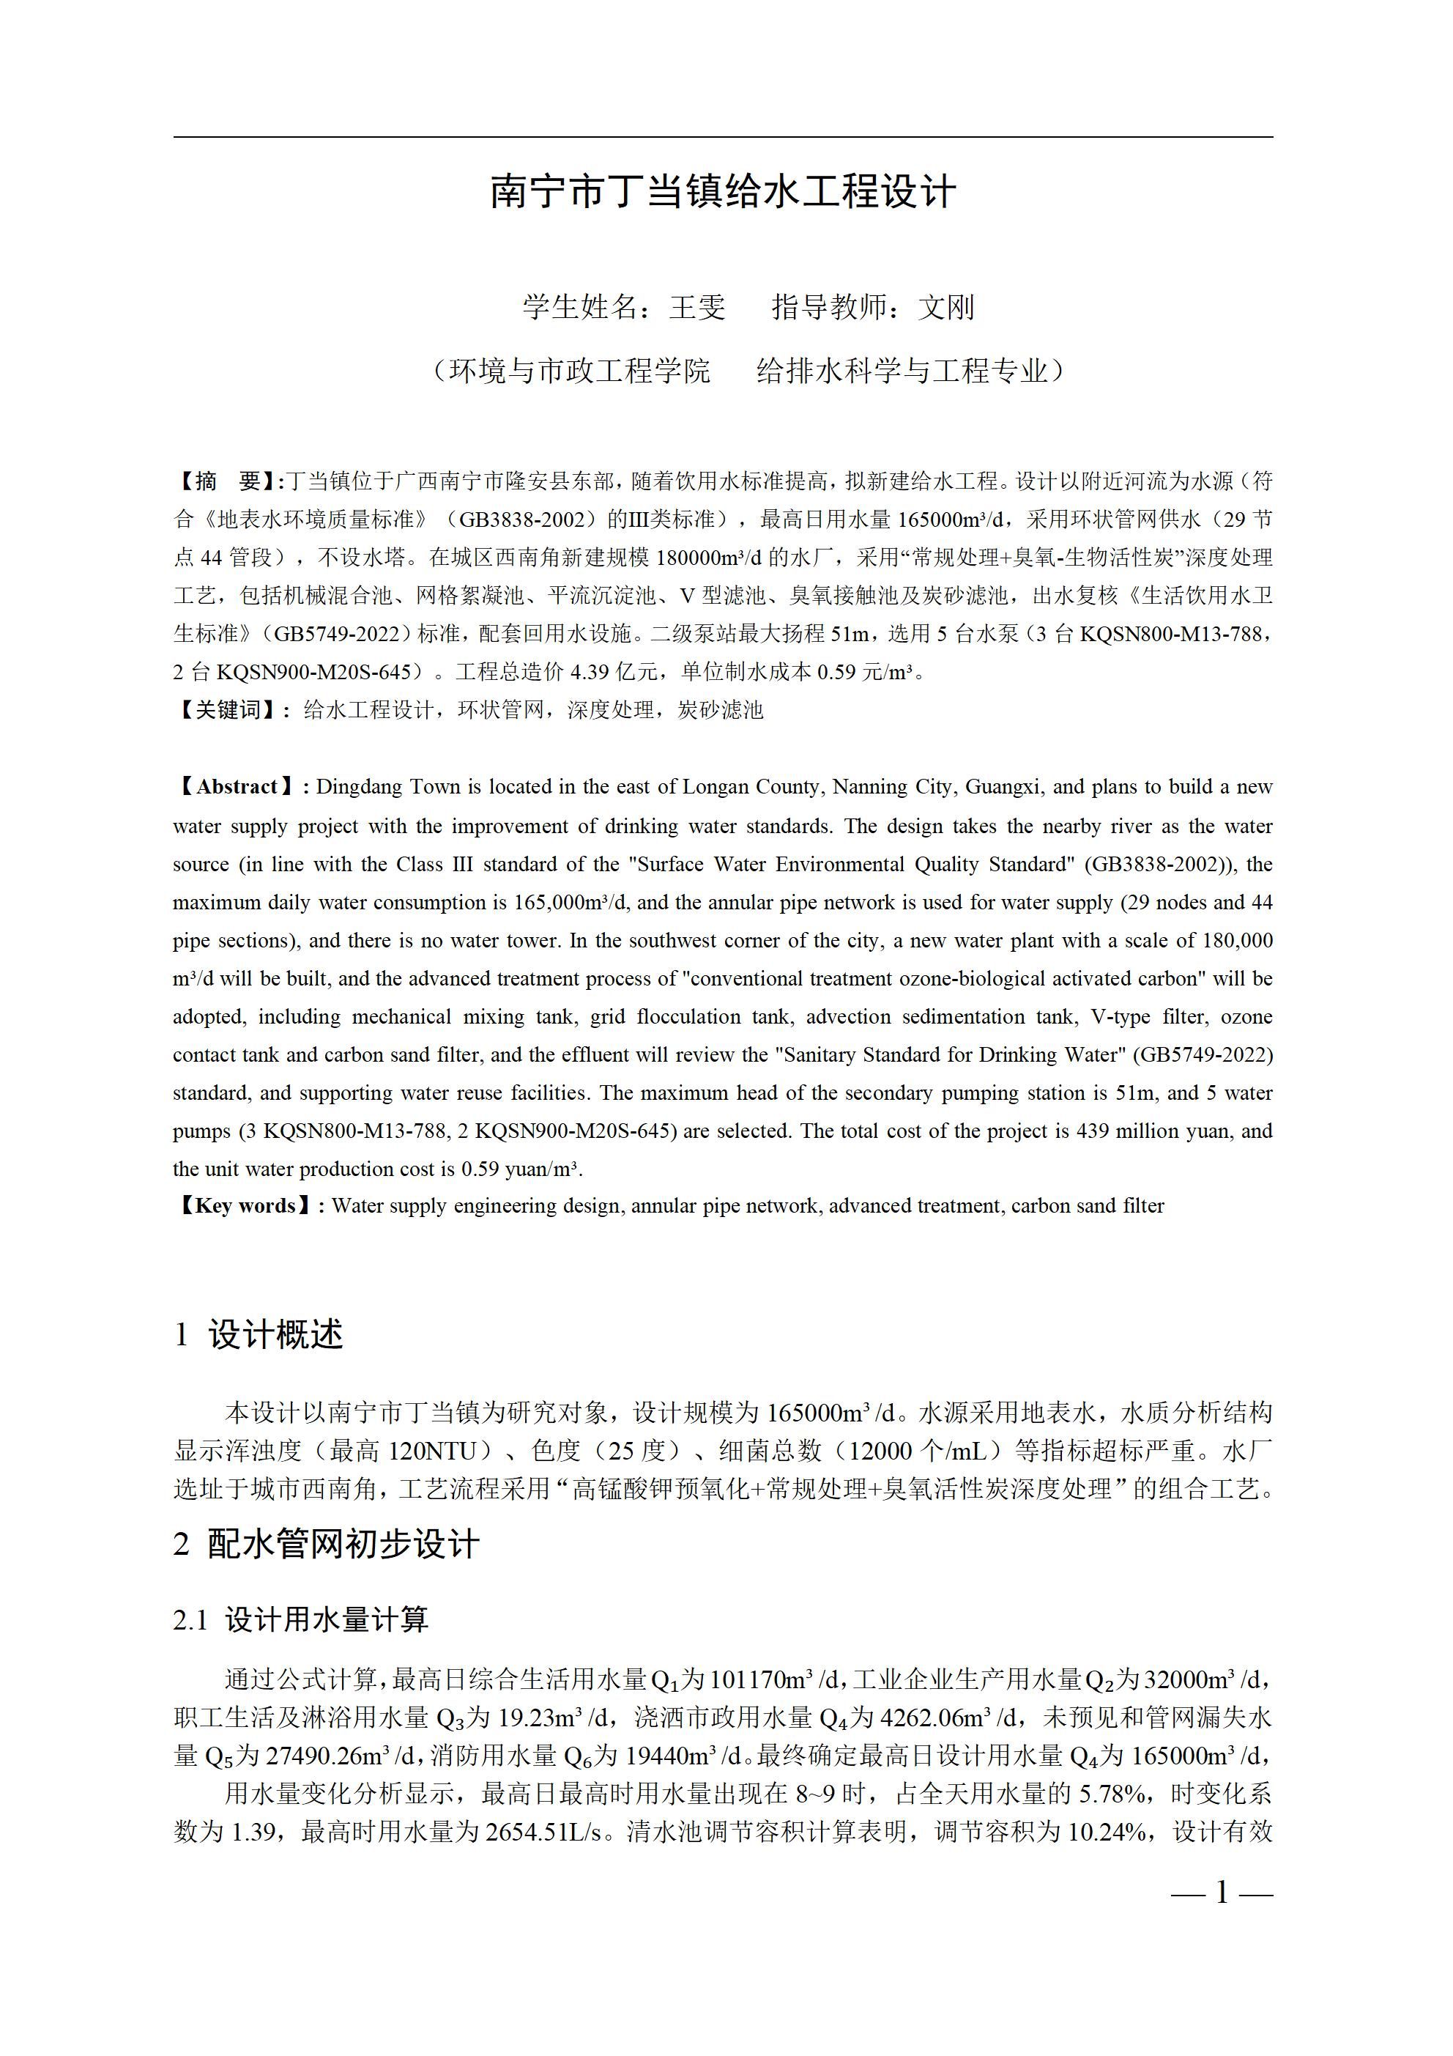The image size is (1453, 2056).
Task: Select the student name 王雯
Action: pos(696,307)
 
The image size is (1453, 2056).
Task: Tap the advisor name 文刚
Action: pos(945,307)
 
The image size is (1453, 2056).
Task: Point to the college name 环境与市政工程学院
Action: pos(579,370)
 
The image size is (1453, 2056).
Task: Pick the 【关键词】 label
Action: pos(227,710)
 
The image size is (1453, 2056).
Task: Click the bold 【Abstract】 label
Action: pos(237,787)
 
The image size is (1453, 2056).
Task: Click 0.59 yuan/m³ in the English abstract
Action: pos(520,1169)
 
